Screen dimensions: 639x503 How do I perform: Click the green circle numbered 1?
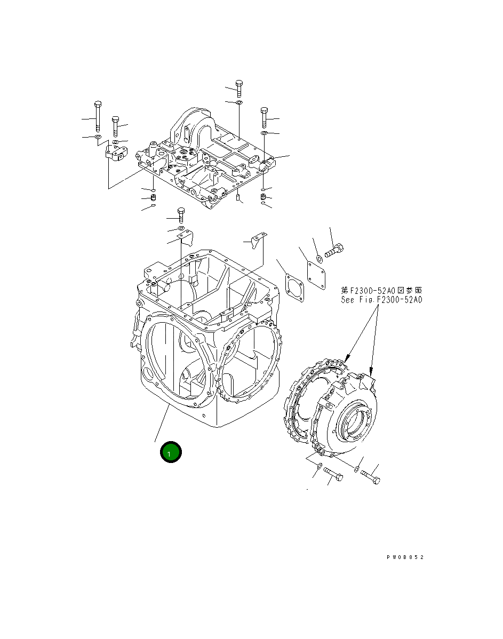pyautogui.click(x=171, y=452)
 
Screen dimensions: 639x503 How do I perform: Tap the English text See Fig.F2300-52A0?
pyautogui.click(x=381, y=300)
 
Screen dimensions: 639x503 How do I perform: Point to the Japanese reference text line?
pyautogui.click(x=381, y=290)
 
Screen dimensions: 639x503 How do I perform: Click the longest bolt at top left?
pyautogui.click(x=98, y=115)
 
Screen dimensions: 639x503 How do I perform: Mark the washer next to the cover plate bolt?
pyautogui.click(x=319, y=259)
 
